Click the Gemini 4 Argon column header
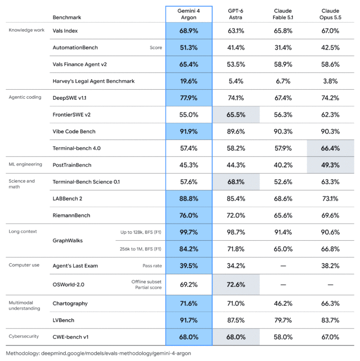pos(189,14)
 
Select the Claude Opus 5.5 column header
pos(330,14)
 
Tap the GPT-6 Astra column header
pos(236,14)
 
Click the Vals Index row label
pos(65,31)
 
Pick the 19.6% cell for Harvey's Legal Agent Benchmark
pos(189,81)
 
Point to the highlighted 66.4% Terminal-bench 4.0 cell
pos(330,148)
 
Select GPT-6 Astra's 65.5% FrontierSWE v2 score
pos(236,115)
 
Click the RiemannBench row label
pos(71,216)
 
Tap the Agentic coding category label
pos(25,97)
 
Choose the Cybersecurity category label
pos(24,336)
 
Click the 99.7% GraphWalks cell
pos(189,232)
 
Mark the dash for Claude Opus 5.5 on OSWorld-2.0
pos(330,285)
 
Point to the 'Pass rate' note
pos(152,266)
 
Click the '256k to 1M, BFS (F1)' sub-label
pos(140,249)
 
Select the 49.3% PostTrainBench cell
pos(330,165)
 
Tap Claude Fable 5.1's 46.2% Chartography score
pos(283,303)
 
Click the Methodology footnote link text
pos(98,353)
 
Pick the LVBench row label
pos(63,320)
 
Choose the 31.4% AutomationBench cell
pos(283,48)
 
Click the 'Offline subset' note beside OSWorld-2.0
pos(146,282)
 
